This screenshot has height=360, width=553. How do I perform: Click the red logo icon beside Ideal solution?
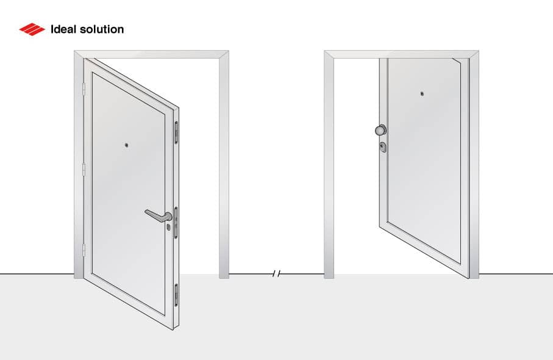(32, 29)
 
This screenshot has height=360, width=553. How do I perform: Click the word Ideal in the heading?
(64, 29)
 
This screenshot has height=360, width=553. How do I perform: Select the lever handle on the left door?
(158, 214)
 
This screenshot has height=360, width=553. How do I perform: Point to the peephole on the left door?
(126, 145)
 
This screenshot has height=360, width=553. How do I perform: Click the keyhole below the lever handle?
(168, 227)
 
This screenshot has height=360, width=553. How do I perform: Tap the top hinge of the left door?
(83, 89)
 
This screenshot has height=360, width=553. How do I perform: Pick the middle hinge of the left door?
(83, 169)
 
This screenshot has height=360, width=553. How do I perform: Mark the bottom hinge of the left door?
(83, 249)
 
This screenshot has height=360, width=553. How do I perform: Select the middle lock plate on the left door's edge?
(176, 220)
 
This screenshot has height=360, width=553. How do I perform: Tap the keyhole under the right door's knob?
(382, 146)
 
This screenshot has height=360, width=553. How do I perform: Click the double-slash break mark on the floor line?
(276, 274)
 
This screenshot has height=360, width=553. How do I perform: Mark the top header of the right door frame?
(401, 54)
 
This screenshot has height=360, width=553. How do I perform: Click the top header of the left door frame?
(152, 54)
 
